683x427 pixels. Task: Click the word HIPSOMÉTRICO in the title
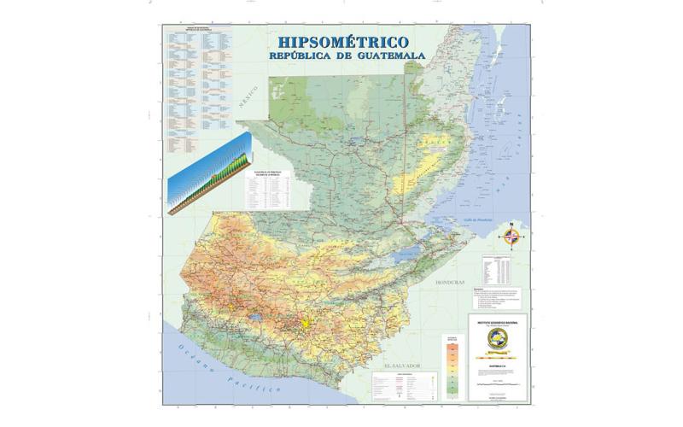(337, 42)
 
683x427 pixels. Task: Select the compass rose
(511, 236)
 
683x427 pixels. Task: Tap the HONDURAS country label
(450, 282)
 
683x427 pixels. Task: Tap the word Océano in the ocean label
(192, 353)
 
